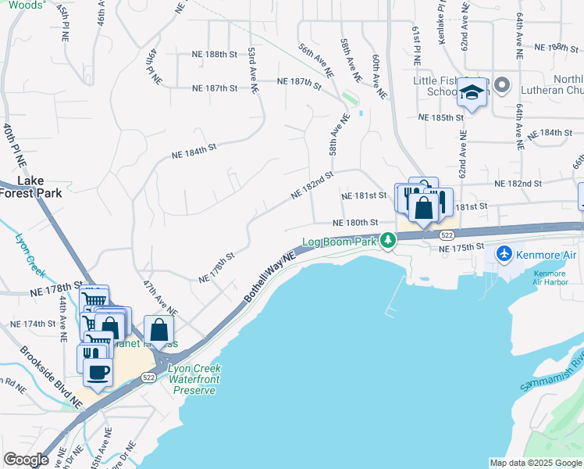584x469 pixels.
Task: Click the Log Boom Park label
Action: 340,242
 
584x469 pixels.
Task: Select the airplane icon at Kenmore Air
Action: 504,254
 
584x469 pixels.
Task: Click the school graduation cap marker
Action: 472,92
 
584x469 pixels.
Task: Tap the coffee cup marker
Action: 98,372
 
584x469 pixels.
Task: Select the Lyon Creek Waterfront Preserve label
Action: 195,379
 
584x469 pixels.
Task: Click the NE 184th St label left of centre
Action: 194,151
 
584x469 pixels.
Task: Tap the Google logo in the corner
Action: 26,460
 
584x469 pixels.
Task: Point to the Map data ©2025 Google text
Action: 536,463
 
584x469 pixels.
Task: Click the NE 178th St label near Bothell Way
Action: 216,267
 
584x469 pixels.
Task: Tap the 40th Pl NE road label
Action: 14,145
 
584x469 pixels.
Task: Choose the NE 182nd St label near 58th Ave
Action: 312,184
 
